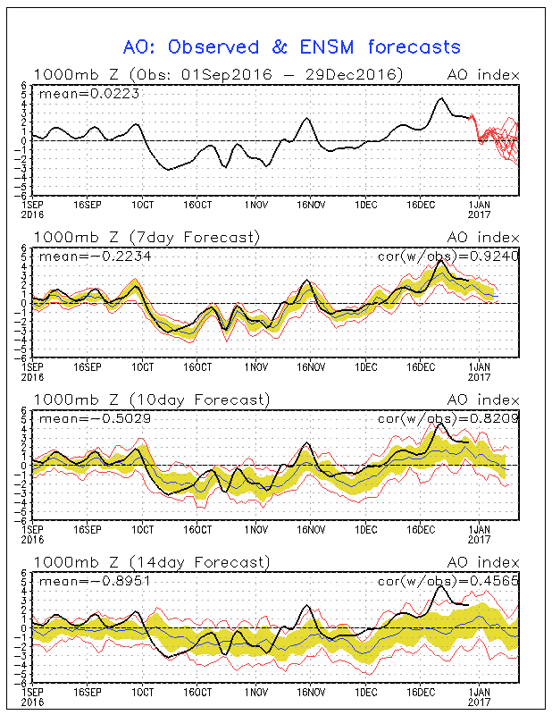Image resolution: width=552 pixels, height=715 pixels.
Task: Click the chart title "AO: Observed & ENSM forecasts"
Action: point(291,46)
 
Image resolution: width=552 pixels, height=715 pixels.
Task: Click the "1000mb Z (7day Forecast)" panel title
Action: point(146,237)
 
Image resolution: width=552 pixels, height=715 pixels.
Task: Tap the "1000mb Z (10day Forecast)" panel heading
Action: point(150,400)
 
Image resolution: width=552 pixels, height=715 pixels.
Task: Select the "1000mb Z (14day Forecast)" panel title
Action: point(150,562)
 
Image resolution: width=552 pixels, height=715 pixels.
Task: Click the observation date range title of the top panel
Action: point(218,74)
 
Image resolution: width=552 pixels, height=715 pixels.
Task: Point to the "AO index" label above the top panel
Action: point(483,74)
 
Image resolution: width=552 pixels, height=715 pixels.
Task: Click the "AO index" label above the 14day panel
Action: point(483,562)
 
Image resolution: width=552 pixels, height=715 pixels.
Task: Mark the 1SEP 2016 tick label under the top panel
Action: point(32,208)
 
